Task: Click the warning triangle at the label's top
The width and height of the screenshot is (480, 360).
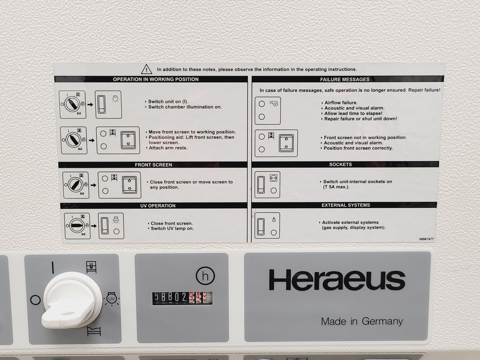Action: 146,69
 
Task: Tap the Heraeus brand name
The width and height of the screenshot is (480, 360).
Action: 337,280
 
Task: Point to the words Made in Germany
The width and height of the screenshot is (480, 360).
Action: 362,321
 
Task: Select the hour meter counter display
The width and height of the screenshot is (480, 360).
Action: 182,298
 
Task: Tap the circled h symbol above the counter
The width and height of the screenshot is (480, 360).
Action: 205,276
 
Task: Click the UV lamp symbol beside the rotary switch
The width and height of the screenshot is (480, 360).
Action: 111,299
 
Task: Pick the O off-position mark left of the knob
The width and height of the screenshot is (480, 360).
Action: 35,300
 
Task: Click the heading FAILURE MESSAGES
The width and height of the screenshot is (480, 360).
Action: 344,79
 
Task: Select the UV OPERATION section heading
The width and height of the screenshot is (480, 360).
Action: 157,206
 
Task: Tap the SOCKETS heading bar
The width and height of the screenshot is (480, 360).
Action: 340,164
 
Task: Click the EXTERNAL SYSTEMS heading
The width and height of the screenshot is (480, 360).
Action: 346,205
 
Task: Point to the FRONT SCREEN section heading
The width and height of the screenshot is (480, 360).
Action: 153,165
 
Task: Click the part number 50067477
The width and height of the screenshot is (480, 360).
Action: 426,239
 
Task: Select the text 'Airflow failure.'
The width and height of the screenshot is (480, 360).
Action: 341,103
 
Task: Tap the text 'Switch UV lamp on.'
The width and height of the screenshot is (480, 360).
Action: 172,228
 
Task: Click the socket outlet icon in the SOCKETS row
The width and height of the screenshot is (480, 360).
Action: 274,178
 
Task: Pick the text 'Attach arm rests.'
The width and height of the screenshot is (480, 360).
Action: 168,148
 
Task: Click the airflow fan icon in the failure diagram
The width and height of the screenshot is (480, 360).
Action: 274,104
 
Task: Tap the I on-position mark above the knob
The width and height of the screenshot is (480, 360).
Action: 53,267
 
